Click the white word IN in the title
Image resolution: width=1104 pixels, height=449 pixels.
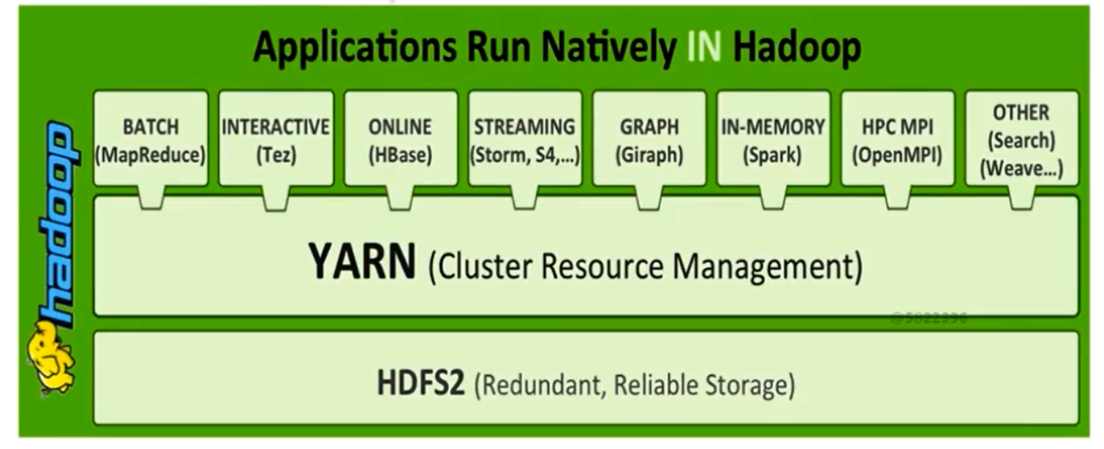click(x=704, y=48)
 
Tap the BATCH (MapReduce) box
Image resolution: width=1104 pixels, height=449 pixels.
click(x=151, y=138)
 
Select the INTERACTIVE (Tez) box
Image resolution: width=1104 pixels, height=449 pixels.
click(x=276, y=138)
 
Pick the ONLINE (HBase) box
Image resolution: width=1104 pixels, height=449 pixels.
click(x=401, y=138)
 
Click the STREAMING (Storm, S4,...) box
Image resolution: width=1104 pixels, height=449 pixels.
click(x=525, y=138)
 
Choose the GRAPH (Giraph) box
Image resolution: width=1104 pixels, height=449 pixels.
click(x=649, y=138)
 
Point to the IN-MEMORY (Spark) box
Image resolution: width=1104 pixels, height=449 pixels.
click(x=773, y=138)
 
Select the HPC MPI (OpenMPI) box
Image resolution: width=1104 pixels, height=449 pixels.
click(x=898, y=138)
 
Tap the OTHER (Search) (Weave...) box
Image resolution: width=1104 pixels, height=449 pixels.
click(x=1022, y=138)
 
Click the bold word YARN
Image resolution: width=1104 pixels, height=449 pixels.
click(x=362, y=262)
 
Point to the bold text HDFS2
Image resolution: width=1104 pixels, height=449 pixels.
click(x=421, y=383)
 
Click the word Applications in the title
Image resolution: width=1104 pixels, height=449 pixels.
click(x=355, y=49)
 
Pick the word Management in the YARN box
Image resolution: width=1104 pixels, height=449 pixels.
click(x=768, y=266)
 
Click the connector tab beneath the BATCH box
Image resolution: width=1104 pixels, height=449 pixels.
click(x=151, y=197)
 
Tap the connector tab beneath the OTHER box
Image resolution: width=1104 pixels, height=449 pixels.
click(x=1022, y=197)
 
